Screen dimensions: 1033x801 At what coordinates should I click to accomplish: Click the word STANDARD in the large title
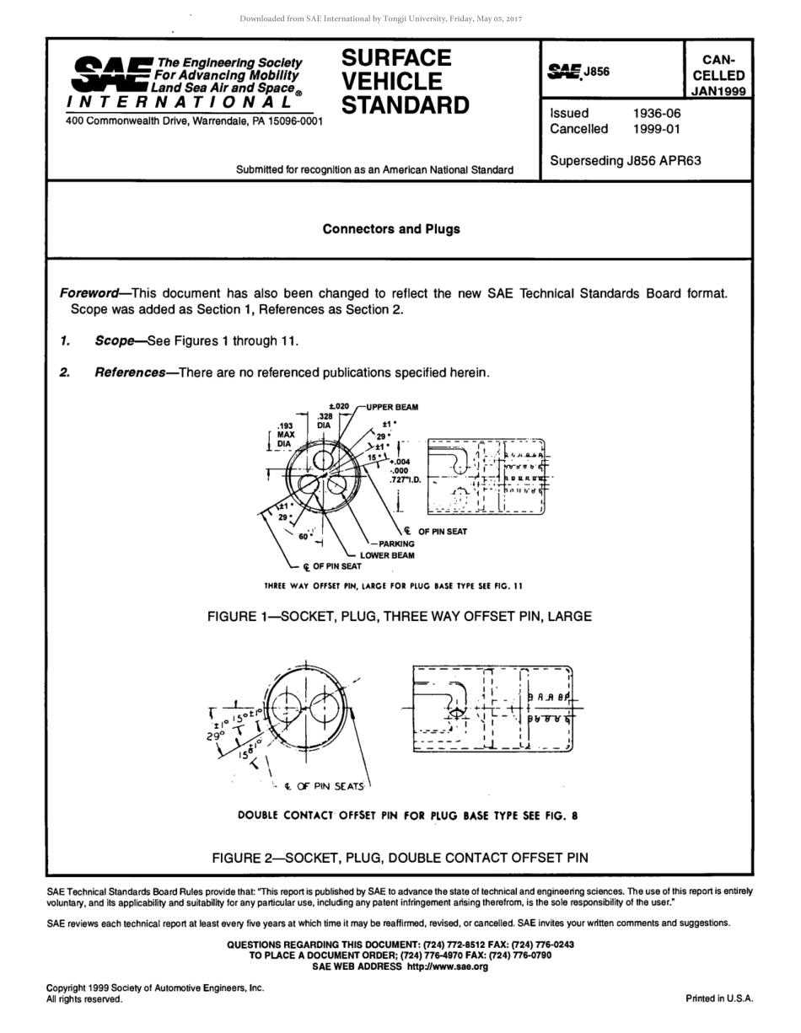pyautogui.click(x=406, y=105)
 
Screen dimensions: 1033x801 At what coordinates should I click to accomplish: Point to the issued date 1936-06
pyautogui.click(x=657, y=113)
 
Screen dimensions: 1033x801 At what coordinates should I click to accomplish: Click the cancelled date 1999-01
pyautogui.click(x=657, y=129)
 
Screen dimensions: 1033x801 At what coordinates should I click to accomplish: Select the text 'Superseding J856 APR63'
pyautogui.click(x=625, y=161)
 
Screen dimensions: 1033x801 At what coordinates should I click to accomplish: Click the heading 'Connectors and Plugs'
pyautogui.click(x=391, y=229)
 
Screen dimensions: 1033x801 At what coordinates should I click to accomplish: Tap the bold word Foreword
pyautogui.click(x=89, y=293)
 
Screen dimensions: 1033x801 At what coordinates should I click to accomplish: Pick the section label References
pyautogui.click(x=129, y=372)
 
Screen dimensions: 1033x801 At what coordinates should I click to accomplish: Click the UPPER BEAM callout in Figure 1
pyautogui.click(x=392, y=407)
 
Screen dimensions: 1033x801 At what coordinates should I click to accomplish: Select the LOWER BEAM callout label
pyautogui.click(x=387, y=555)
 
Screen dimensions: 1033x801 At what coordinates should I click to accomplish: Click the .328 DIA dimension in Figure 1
pyautogui.click(x=325, y=421)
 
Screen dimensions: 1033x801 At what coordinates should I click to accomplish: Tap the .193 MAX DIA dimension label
pyautogui.click(x=284, y=435)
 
